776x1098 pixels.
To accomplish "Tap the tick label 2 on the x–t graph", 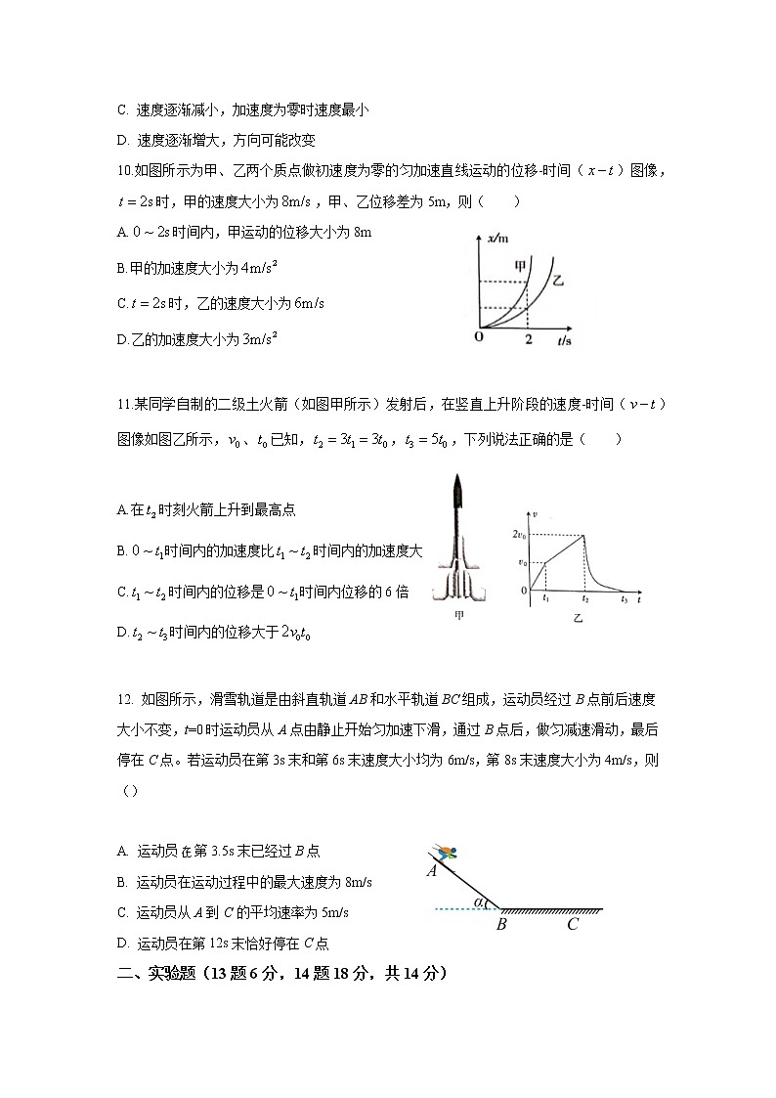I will click(528, 338).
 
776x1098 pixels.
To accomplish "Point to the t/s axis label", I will click(565, 339).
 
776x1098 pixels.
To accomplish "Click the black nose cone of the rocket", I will click(457, 487).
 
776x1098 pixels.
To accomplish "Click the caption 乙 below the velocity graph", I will click(577, 618).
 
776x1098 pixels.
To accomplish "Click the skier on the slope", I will click(447, 852).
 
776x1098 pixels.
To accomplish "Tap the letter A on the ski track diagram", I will click(431, 871).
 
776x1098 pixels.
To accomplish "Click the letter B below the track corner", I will click(500, 924).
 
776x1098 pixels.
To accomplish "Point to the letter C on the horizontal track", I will click(572, 924).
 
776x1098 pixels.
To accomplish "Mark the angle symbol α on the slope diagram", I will click(478, 902).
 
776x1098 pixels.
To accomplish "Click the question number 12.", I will click(124, 699).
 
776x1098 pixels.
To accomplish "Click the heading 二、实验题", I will click(157, 974).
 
